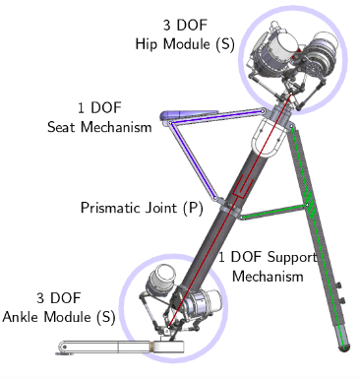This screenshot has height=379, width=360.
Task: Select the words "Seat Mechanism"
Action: pos(99,126)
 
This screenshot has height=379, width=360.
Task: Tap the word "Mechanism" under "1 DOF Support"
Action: pos(268,276)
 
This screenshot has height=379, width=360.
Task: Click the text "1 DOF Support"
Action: pos(268,257)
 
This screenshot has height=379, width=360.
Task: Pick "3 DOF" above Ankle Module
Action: pos(58,297)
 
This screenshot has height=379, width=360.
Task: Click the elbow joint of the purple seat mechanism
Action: pos(168,123)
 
